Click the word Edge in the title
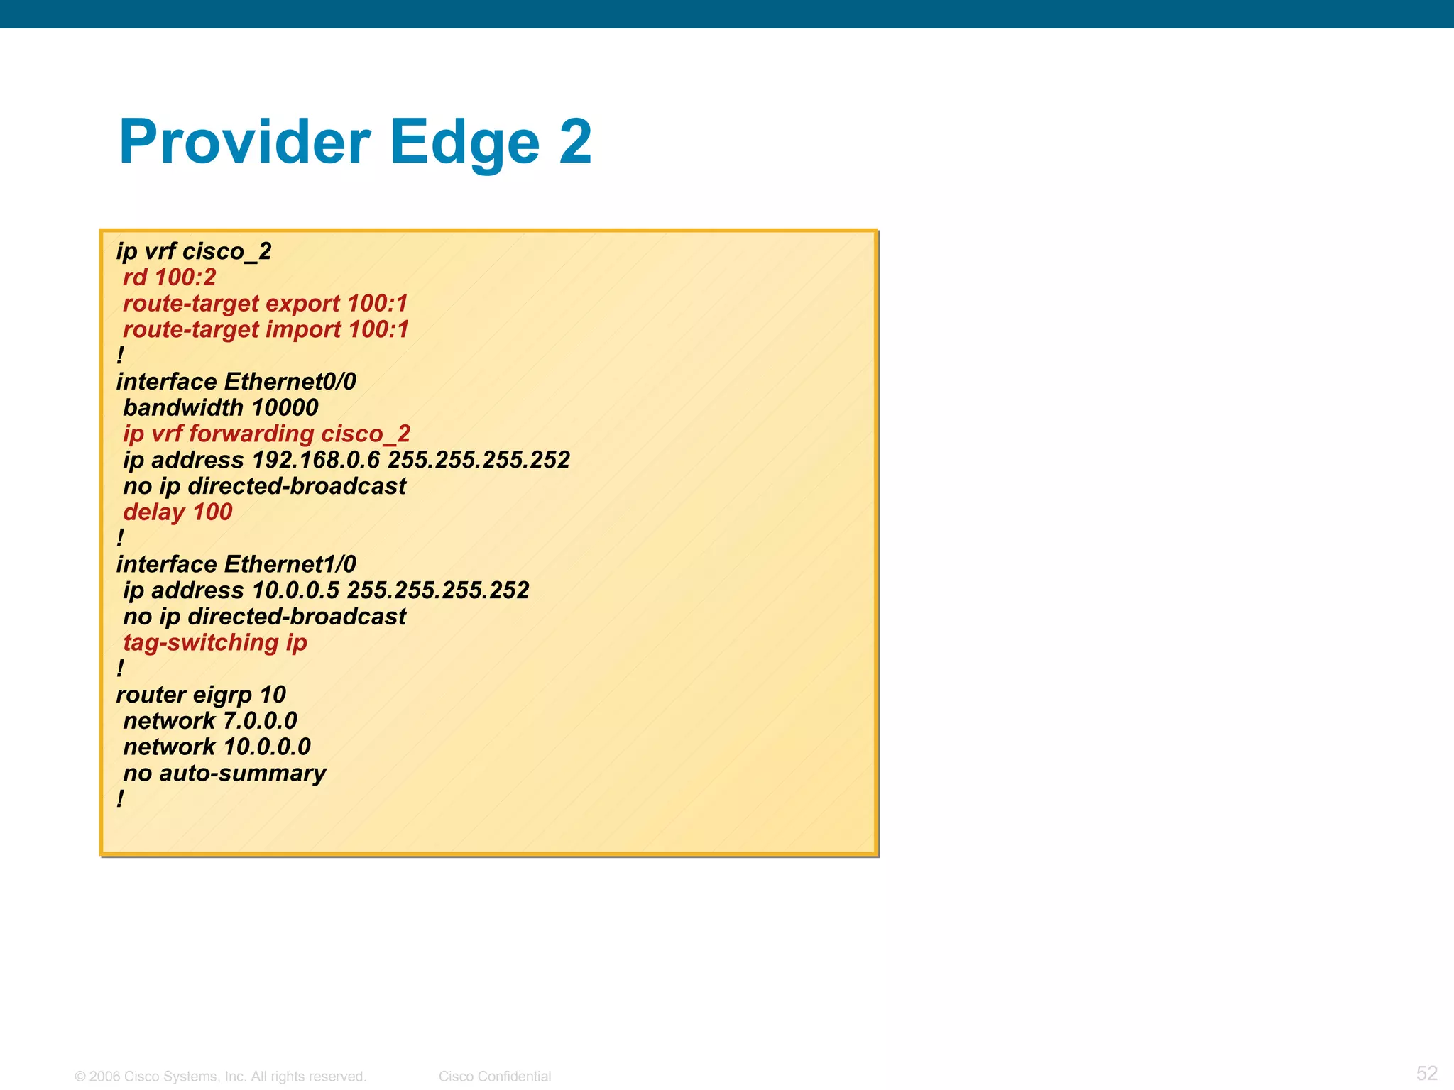coord(465,142)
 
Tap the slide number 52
coord(1426,1073)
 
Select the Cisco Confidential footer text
coord(495,1077)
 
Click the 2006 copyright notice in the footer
coord(220,1077)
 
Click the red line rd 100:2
coord(169,277)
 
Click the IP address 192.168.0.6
coord(316,460)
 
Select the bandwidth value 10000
coord(285,408)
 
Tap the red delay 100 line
coord(177,512)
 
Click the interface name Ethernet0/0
coord(290,382)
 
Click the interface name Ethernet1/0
coord(290,564)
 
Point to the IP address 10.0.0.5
coord(296,590)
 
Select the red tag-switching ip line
coord(214,643)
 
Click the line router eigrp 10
coord(201,695)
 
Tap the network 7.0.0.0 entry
coord(210,721)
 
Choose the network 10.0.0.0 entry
coord(217,747)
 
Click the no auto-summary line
coord(224,774)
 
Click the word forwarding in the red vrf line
coord(251,434)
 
